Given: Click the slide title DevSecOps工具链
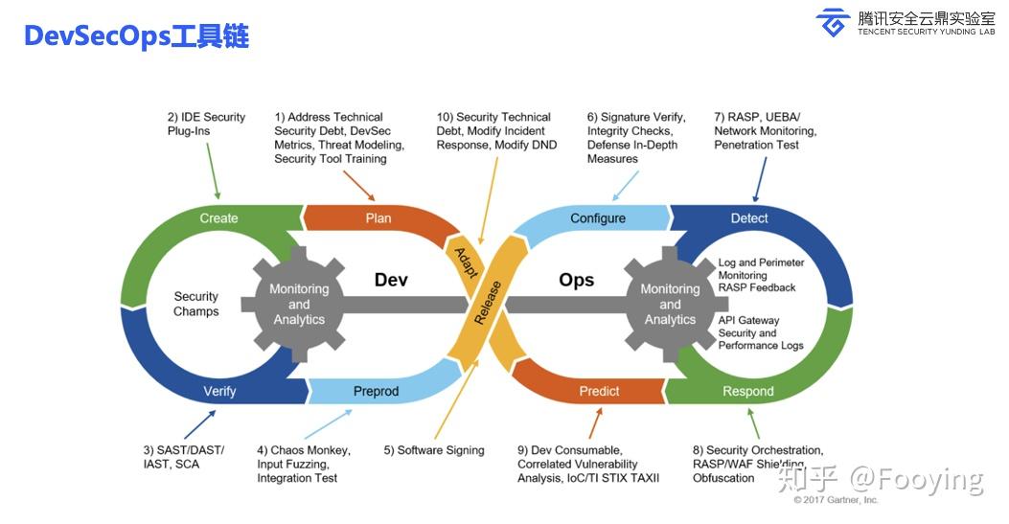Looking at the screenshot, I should [135, 35].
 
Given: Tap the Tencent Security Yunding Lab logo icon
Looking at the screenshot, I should [832, 22].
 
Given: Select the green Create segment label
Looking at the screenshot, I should [218, 218].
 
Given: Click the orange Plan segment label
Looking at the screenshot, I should [378, 218].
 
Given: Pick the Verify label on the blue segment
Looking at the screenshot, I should [219, 391].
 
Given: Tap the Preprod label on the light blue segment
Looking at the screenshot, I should [376, 391].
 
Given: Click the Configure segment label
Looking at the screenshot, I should [598, 218].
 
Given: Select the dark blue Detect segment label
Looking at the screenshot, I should [749, 218].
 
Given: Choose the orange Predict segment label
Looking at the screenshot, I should [599, 391].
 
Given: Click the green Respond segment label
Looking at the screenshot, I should [747, 391].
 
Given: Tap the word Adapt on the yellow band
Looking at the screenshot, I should [466, 260].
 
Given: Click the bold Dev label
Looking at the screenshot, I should [391, 280].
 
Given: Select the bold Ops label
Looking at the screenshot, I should [576, 280].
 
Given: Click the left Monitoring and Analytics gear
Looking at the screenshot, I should [299, 304].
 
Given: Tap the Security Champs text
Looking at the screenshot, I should [196, 304].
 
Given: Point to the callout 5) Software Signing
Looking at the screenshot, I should [434, 450].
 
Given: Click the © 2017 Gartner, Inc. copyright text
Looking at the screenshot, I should [836, 500].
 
